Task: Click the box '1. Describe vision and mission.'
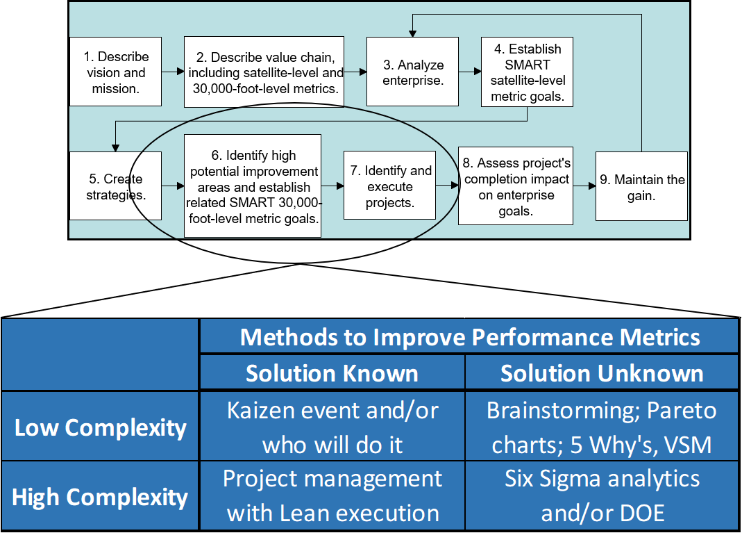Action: (x=116, y=72)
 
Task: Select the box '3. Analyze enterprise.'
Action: (x=412, y=72)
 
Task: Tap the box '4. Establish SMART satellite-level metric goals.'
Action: (x=527, y=72)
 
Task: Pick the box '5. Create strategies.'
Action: (x=116, y=186)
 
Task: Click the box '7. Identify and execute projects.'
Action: (x=389, y=186)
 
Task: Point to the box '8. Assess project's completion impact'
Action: (x=515, y=186)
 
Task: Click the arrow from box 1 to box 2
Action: (x=173, y=72)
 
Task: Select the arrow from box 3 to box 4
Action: (x=469, y=71)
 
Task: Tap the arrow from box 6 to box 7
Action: (x=332, y=186)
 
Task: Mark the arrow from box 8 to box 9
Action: (x=584, y=186)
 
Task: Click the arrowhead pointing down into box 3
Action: (x=412, y=33)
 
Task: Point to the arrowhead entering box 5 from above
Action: (x=115, y=147)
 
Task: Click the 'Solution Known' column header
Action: (x=332, y=373)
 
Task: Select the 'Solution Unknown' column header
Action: (x=601, y=373)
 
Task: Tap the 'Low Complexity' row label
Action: (x=100, y=427)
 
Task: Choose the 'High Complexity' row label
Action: (x=100, y=497)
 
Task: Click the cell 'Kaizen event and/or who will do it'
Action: (x=332, y=427)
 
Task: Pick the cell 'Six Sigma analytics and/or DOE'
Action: (x=601, y=496)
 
